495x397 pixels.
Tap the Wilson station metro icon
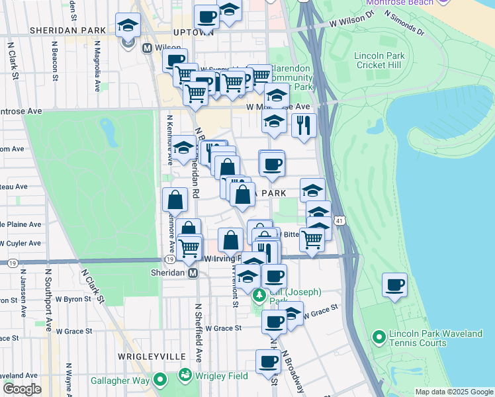click(x=147, y=48)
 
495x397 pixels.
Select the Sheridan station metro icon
click(x=193, y=273)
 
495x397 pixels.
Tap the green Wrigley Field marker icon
click(x=185, y=376)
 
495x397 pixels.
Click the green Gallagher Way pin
click(x=159, y=380)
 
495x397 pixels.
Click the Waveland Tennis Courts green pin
click(x=379, y=338)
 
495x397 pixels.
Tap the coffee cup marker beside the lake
click(x=395, y=285)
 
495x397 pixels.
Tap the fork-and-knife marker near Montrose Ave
click(x=304, y=124)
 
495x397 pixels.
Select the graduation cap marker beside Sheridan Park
click(x=128, y=26)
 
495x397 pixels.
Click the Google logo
click(x=22, y=389)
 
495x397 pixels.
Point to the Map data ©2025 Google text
click(x=453, y=392)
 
